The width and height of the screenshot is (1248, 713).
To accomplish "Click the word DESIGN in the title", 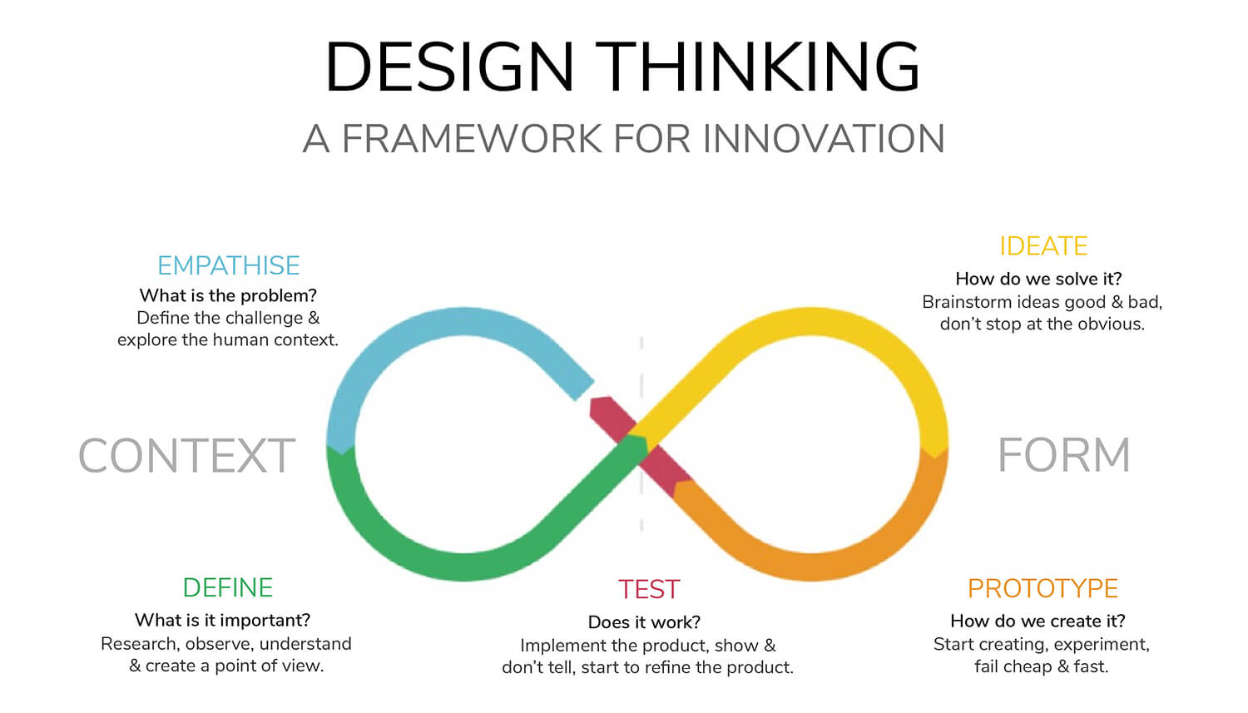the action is [x=449, y=67].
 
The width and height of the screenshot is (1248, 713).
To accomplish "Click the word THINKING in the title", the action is [x=761, y=67].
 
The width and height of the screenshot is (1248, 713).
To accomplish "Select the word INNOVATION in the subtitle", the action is [x=824, y=139].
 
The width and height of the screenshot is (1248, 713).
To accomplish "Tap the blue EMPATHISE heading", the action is [x=229, y=265].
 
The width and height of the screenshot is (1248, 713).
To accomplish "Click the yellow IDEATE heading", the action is [x=1043, y=246].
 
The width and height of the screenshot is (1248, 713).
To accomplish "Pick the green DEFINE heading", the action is [x=228, y=587].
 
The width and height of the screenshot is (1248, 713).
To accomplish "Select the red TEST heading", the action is [x=649, y=589].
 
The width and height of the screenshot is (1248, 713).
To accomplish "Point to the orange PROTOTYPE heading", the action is [x=1043, y=589].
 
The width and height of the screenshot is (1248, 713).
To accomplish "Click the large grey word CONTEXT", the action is [x=186, y=456].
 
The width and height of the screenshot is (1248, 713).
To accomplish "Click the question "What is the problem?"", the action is [x=228, y=295].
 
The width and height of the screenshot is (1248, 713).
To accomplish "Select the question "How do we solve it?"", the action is [x=1038, y=279].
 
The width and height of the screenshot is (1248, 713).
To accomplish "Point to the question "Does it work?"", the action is [x=644, y=622].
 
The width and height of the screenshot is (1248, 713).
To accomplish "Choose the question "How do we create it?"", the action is [x=1038, y=621].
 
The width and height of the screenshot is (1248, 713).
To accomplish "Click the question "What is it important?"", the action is [x=222, y=620].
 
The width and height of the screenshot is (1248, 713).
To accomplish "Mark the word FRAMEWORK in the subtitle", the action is [x=472, y=139].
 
